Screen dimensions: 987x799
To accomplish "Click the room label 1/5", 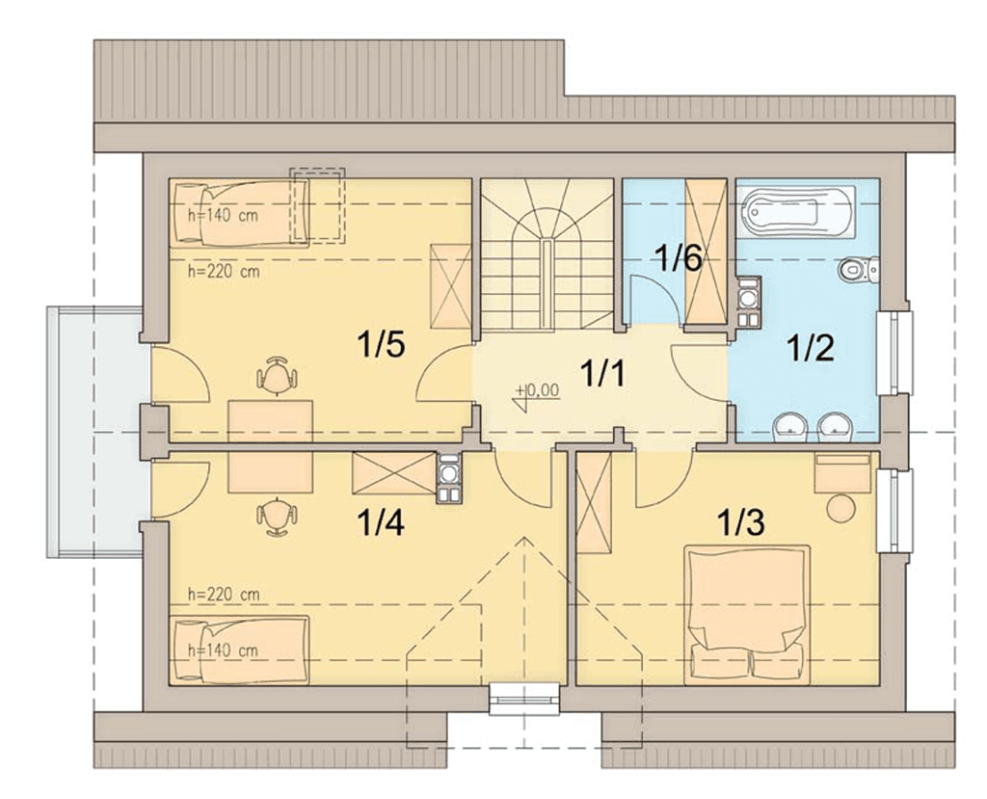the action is click(380, 344).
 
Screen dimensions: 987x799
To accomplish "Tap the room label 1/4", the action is click(380, 522).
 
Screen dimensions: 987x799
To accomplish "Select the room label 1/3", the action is click(741, 522).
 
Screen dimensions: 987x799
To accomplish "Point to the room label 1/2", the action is click(811, 348).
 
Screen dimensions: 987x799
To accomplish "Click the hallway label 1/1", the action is click(602, 372).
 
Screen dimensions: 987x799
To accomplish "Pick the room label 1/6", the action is click(679, 258).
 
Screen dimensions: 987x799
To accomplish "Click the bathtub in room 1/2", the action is click(798, 211).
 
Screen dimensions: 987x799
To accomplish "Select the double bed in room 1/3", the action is click(747, 615).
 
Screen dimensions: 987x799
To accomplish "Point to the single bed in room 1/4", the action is click(241, 650).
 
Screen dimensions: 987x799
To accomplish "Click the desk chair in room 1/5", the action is click(277, 376).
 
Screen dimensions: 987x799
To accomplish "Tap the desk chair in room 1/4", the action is click(277, 517).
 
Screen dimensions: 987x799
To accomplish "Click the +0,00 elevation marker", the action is click(536, 395).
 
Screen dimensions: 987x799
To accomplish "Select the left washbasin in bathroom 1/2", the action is click(790, 427).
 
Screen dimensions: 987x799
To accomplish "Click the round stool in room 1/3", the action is click(840, 508).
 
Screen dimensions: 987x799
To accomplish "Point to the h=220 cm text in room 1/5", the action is click(224, 272).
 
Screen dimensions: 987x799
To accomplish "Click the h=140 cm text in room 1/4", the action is click(224, 650).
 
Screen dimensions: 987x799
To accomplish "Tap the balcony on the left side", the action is click(94, 432).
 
